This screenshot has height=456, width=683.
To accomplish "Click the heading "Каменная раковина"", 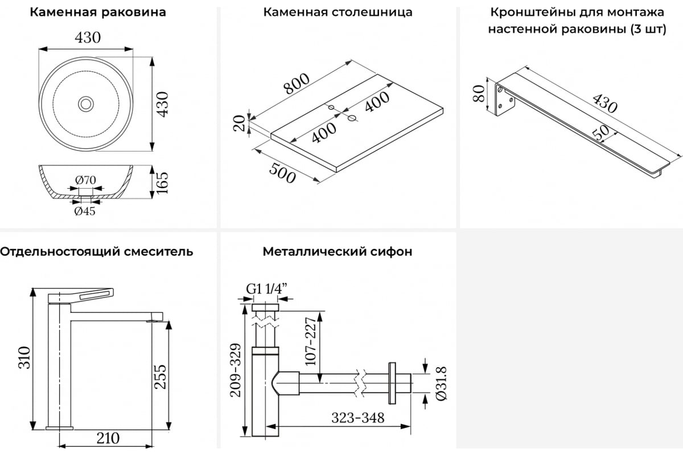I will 98,12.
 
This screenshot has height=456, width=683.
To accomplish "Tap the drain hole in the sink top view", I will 86,104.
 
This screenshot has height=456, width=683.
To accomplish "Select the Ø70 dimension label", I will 85,180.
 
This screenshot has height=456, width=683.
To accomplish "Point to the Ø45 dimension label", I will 84,211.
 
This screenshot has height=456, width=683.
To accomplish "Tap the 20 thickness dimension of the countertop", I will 240,123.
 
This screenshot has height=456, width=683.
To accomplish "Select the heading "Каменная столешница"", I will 338,12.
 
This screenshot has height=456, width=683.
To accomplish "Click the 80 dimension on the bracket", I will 479,92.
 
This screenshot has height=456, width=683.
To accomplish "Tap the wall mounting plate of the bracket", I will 503,100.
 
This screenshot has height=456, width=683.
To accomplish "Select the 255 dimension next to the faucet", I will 161,376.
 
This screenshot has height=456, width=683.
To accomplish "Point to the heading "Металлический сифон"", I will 338,251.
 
